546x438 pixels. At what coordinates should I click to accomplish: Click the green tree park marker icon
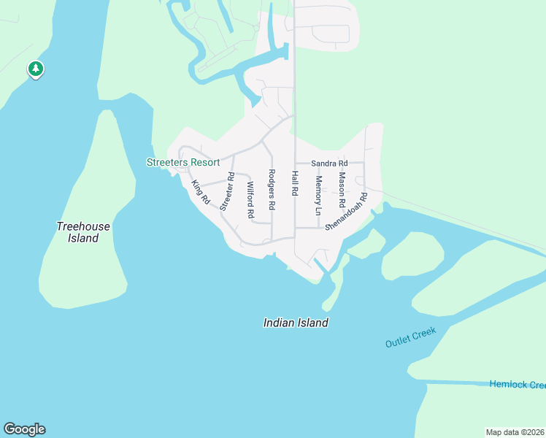pos(35,69)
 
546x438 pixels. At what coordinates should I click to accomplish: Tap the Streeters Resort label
pos(182,162)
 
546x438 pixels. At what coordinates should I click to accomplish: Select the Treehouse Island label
pos(83,232)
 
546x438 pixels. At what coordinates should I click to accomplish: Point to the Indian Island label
pos(296,323)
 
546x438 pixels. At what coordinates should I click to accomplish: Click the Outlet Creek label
pos(411,337)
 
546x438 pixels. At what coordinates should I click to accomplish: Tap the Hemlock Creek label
pos(518,385)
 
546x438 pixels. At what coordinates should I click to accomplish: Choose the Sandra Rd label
pos(329,164)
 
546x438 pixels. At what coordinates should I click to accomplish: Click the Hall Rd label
pos(295,182)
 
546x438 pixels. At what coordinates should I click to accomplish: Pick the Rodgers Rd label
pos(271,190)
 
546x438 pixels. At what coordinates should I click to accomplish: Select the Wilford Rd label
pos(250,201)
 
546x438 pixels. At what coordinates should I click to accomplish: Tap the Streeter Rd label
pos(227,191)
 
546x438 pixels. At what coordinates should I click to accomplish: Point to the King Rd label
pos(200,192)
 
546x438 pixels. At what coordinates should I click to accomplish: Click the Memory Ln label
pos(318,195)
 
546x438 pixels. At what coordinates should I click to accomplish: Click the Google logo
pos(24,429)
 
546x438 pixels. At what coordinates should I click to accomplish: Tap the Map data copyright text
pos(515,432)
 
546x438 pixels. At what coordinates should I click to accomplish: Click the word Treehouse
pos(83,226)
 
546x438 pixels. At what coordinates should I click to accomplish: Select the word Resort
pos(205,162)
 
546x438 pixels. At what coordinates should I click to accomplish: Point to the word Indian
pos(280,323)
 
